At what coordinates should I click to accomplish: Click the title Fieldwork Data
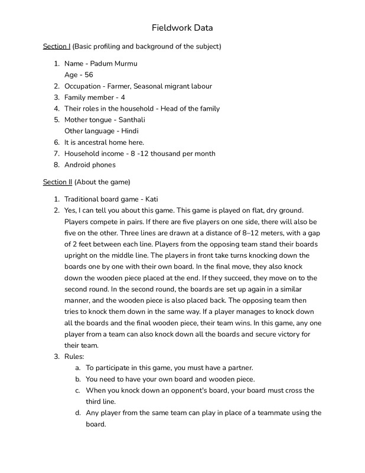point(182,28)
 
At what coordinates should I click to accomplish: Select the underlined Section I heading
point(57,46)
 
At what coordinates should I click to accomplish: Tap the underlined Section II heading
point(58,182)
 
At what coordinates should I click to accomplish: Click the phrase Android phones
point(90,165)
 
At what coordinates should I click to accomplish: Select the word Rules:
point(76,357)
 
